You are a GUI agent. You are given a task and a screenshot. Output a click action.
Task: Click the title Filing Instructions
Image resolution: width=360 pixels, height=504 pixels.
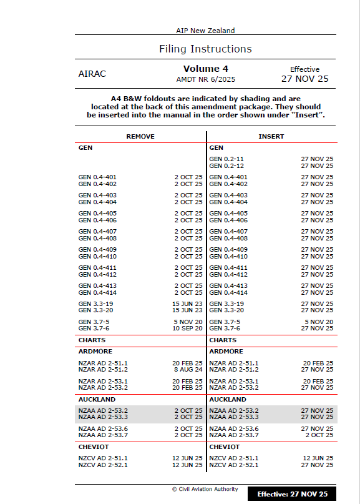tap(205, 49)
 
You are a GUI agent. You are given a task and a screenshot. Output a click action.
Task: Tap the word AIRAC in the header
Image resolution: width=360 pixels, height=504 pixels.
tap(92, 74)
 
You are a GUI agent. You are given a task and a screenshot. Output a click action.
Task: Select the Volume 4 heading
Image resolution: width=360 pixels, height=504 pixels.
tap(205, 69)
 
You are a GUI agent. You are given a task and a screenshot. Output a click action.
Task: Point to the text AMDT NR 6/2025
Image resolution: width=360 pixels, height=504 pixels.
tap(205, 79)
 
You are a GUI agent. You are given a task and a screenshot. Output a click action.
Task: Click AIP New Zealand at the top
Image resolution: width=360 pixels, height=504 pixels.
tap(205, 31)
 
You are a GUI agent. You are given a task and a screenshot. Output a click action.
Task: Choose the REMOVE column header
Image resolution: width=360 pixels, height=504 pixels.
tap(140, 136)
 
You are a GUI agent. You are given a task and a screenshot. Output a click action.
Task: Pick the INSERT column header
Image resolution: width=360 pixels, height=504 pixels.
tap(271, 136)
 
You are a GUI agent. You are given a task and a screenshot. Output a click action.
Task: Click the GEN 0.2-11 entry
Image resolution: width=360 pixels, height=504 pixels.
tap(226, 159)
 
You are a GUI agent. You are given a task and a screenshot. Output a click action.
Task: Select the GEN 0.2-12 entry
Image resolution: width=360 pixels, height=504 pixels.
tap(226, 166)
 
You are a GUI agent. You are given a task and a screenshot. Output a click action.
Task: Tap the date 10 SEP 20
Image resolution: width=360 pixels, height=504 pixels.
tap(188, 329)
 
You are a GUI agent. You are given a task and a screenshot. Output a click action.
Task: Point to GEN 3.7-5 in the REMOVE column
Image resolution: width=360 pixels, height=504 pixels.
tap(94, 322)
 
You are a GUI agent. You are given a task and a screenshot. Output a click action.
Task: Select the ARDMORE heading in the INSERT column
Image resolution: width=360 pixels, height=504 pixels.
tap(225, 352)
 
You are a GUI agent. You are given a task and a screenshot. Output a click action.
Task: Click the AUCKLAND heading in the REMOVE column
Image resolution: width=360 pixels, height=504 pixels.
tap(97, 400)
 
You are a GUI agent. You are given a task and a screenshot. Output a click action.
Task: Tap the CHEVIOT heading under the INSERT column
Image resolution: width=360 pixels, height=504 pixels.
tap(224, 447)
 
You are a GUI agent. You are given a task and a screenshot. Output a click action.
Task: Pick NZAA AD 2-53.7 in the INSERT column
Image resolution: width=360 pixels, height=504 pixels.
tap(234, 435)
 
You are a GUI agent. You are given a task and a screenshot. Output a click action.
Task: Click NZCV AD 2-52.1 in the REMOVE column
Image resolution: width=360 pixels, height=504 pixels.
tap(103, 465)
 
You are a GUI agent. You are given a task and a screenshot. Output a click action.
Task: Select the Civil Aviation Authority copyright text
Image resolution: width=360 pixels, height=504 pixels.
tap(205, 489)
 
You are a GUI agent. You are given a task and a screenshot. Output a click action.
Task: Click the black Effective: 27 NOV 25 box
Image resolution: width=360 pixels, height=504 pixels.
tap(292, 494)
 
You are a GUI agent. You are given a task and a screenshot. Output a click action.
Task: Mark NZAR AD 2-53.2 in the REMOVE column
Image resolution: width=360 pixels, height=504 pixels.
tap(103, 387)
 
